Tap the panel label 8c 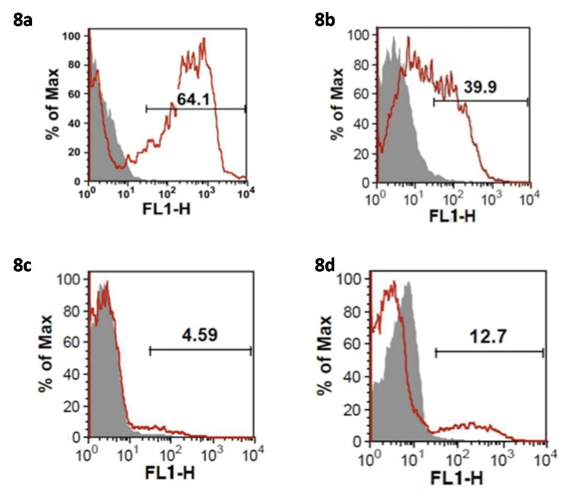[x=23, y=265]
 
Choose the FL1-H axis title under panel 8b [x=453, y=216]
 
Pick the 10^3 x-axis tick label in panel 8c [x=213, y=453]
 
